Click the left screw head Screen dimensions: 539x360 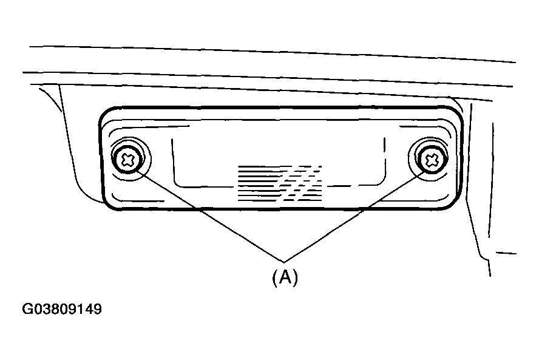click(128, 159)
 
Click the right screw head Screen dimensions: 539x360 click(432, 159)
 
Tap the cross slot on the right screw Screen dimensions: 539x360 click(432, 160)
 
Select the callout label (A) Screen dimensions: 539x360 click(285, 277)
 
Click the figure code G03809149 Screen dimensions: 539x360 click(62, 308)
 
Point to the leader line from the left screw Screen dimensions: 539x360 click(211, 216)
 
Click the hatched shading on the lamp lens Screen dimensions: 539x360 click(280, 183)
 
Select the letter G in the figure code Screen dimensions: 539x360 click(27, 309)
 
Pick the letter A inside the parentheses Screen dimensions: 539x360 click(285, 276)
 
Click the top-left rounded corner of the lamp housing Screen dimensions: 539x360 click(106, 114)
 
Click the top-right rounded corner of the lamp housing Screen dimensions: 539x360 click(456, 114)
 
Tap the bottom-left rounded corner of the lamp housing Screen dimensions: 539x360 click(108, 204)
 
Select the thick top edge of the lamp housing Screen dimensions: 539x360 click(281, 107)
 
